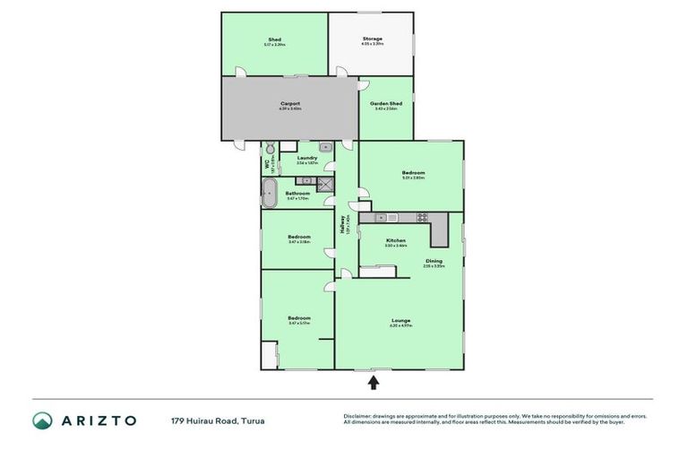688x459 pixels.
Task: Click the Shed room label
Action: point(274,39)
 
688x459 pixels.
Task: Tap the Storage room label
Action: point(372,39)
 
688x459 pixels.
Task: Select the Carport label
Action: point(290,103)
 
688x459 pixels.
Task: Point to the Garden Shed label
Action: point(386,104)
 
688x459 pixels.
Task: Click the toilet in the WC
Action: point(268,148)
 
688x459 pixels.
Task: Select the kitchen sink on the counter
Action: point(381,218)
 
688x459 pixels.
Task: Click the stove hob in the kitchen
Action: point(421,218)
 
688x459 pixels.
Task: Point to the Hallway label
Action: point(343,228)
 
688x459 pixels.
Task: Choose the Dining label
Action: point(434,261)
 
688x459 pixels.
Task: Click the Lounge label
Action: point(400,320)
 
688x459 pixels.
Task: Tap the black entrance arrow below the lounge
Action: point(374,383)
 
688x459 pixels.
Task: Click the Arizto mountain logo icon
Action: point(42,420)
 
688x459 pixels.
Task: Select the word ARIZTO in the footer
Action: point(98,420)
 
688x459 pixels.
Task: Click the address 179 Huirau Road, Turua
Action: point(218,420)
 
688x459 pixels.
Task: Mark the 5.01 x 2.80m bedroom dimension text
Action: point(412,178)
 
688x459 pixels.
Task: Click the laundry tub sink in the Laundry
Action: point(327,146)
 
